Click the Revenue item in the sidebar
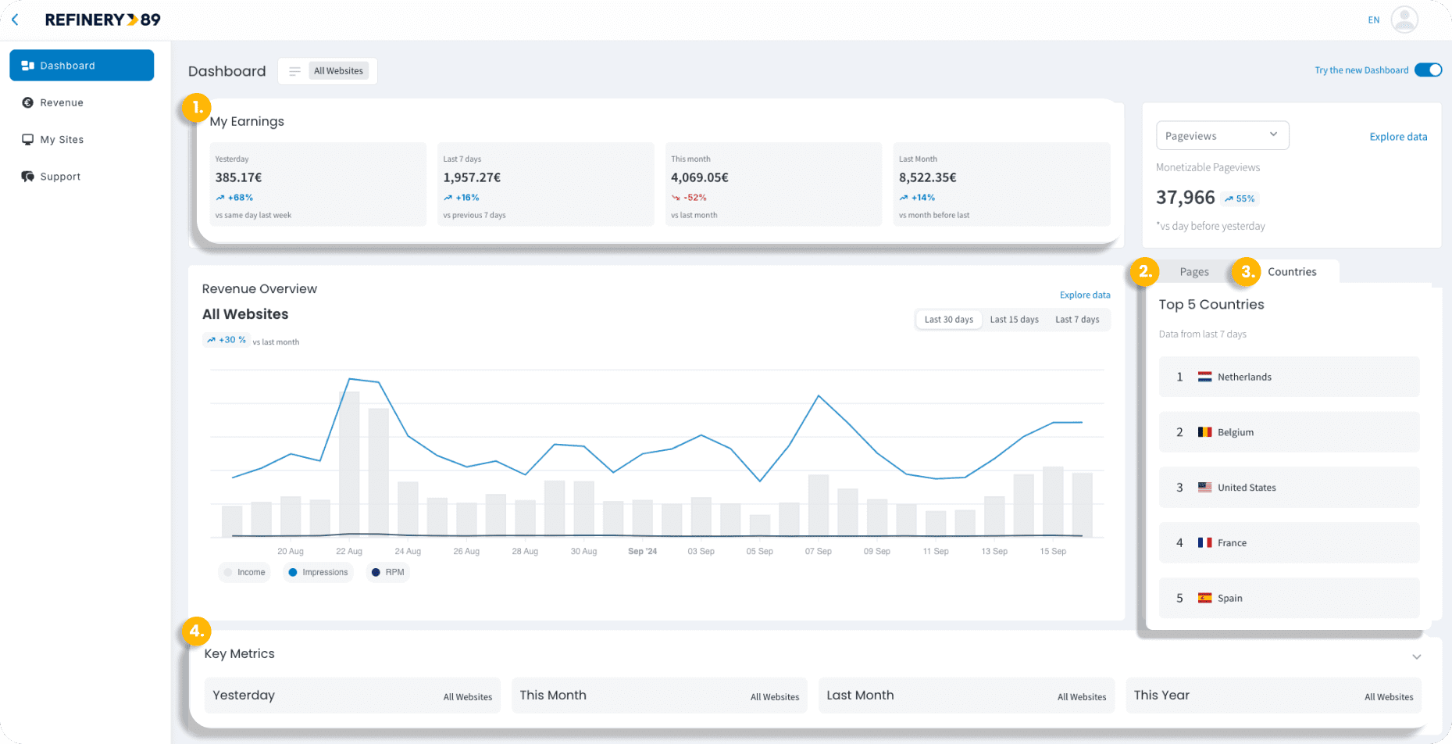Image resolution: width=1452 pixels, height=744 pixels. (61, 102)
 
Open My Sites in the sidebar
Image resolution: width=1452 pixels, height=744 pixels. (61, 140)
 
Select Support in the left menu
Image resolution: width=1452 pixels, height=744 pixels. (59, 177)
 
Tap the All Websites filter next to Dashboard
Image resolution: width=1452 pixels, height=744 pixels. (337, 71)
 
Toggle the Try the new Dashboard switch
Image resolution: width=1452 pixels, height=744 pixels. (1428, 70)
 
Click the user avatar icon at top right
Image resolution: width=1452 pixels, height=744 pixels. (1404, 20)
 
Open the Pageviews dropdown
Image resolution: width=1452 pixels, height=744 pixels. (1222, 135)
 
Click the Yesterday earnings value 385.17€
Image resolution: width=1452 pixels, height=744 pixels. (238, 177)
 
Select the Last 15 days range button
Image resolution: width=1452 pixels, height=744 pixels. (1014, 320)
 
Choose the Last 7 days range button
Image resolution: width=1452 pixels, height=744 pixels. (1076, 320)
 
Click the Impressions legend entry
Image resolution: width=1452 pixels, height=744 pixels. (318, 572)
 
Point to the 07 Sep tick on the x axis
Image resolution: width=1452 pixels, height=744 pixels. (818, 551)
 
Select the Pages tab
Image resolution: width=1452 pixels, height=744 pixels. (1193, 272)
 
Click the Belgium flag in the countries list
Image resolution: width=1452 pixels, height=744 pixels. (1204, 432)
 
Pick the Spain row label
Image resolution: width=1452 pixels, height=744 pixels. (1229, 599)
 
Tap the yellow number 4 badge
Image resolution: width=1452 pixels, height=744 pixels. (196, 631)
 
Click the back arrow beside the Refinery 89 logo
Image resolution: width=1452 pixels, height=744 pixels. (15, 20)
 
